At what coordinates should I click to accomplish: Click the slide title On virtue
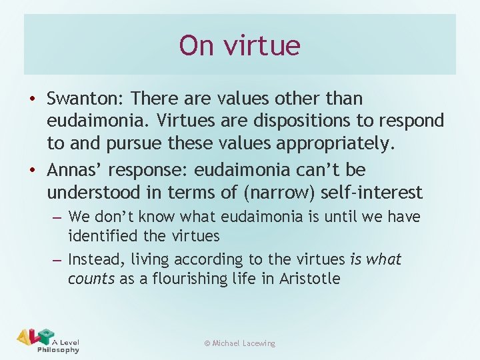240,45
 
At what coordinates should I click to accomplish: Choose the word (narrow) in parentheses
280,193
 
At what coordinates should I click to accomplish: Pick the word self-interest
373,193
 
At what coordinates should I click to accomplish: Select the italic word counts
91,279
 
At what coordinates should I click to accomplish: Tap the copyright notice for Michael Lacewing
240,343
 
